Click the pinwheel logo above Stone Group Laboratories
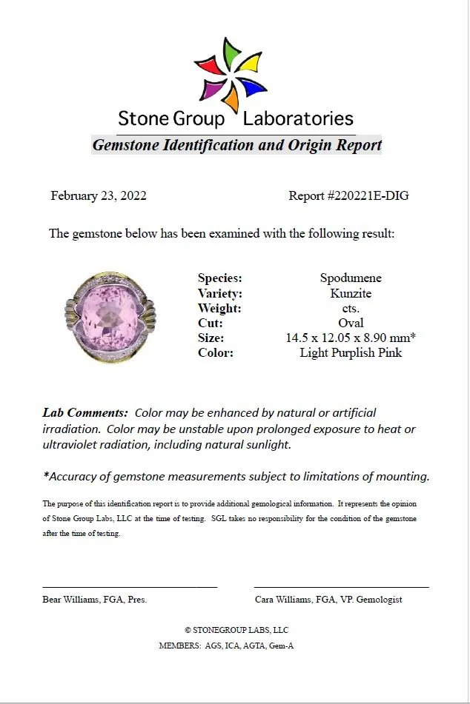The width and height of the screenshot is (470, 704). click(x=230, y=74)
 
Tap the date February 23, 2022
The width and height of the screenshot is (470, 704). click(x=99, y=196)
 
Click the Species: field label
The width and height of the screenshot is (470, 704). click(x=220, y=278)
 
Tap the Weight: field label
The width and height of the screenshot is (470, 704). click(x=219, y=308)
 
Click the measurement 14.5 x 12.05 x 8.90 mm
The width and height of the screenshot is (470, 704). click(x=349, y=338)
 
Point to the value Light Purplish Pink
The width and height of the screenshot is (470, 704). click(x=351, y=352)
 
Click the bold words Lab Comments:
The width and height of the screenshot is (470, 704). click(x=85, y=412)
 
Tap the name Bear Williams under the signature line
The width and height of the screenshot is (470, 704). click(x=72, y=600)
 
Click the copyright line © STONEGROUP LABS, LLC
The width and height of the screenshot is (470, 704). click(x=236, y=630)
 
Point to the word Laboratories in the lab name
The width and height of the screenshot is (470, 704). click(x=298, y=118)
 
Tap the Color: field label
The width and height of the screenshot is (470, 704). click(x=216, y=352)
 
